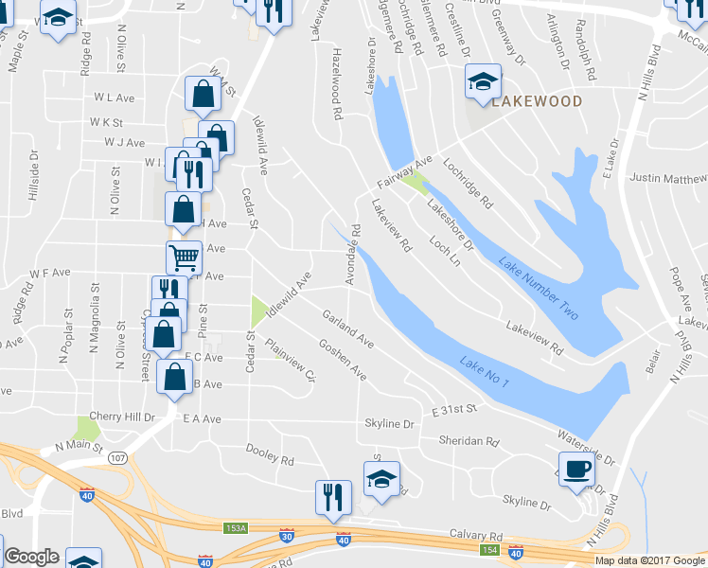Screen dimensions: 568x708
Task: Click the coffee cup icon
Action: (x=576, y=468)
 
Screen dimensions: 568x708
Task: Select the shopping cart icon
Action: (x=184, y=256)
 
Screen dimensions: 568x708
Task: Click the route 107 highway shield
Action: (x=118, y=457)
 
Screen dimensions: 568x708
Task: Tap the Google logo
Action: (x=31, y=557)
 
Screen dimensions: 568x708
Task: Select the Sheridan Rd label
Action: (x=468, y=441)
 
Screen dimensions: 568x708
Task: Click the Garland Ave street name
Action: (x=347, y=328)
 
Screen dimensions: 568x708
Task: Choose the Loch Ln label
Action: (x=445, y=247)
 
